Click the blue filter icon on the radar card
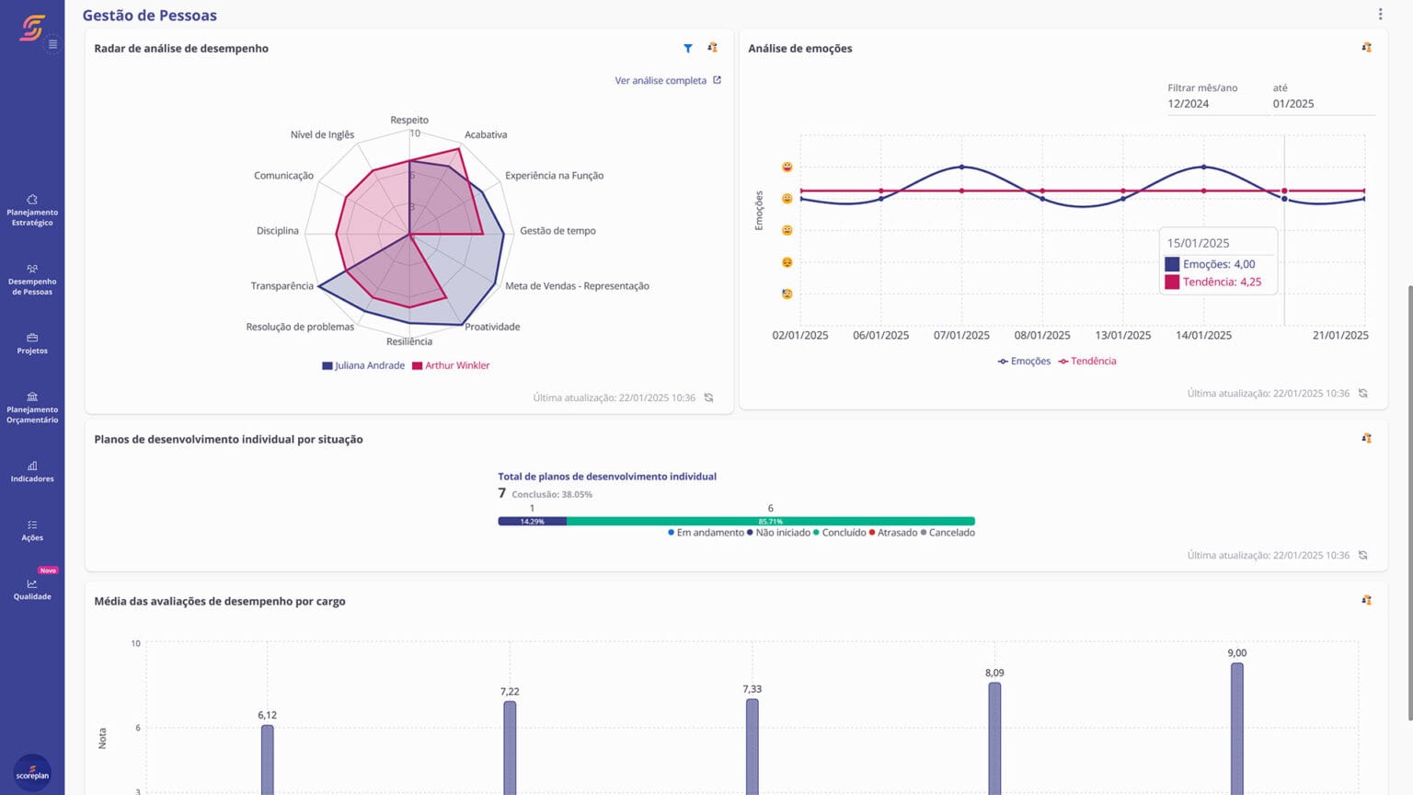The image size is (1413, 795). pyautogui.click(x=688, y=48)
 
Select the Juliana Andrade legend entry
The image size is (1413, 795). pyautogui.click(x=363, y=365)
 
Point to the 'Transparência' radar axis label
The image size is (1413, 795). pyautogui.click(x=281, y=286)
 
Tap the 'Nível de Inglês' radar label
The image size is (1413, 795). pyautogui.click(x=322, y=134)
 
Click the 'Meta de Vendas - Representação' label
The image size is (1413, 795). pyautogui.click(x=577, y=286)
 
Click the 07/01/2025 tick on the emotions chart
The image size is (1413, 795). pyautogui.click(x=961, y=335)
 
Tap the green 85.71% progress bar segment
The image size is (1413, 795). pyautogui.click(x=770, y=521)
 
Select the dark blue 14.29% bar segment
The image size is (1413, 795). pyautogui.click(x=532, y=521)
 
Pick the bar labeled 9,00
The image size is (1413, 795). pyautogui.click(x=1237, y=727)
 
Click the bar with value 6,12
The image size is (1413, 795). pyautogui.click(x=267, y=759)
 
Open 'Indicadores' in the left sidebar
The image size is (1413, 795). pyautogui.click(x=32, y=471)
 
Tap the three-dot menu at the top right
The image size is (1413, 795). pyautogui.click(x=1380, y=14)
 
